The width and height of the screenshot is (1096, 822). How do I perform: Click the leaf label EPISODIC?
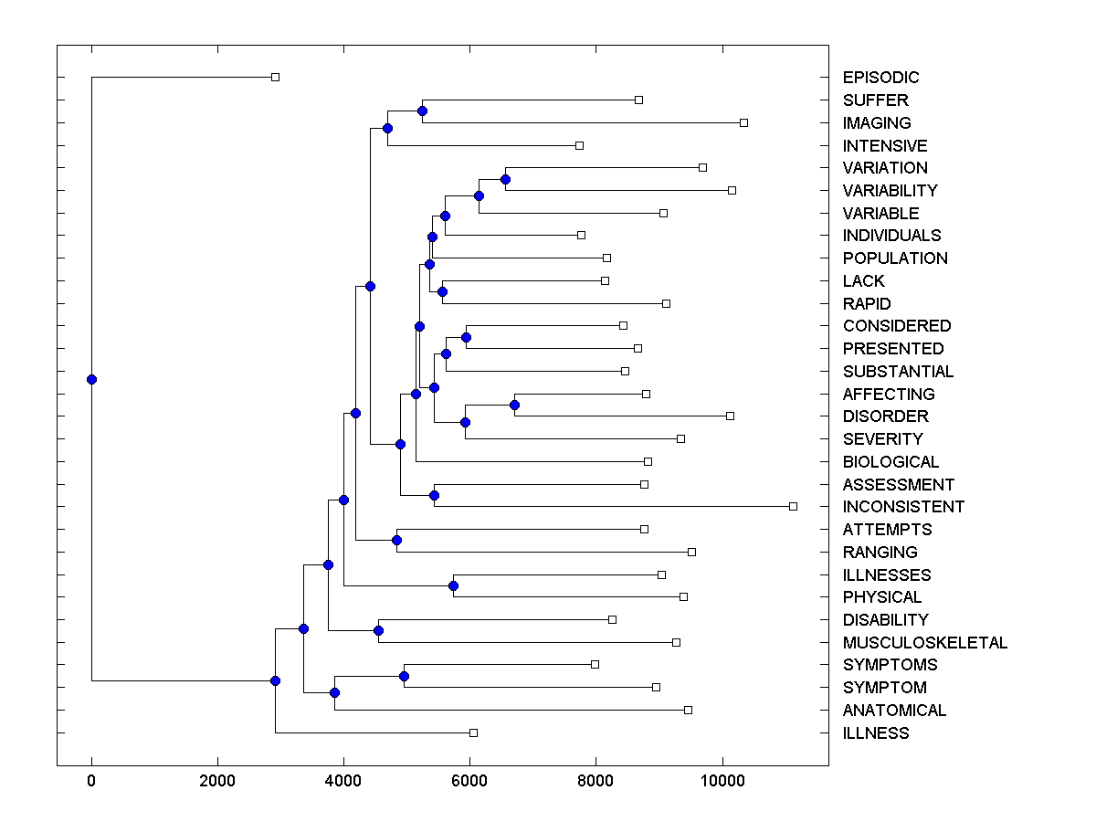(x=880, y=78)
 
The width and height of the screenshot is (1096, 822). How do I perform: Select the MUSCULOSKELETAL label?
(x=924, y=642)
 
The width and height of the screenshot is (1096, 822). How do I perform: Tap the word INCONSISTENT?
(x=903, y=507)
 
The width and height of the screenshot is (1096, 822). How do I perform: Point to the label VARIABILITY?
(x=890, y=191)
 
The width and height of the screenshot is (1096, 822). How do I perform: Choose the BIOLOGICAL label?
(x=890, y=462)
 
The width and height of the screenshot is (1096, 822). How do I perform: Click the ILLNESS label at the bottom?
(x=876, y=732)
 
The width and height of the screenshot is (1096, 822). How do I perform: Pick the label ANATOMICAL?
(x=894, y=711)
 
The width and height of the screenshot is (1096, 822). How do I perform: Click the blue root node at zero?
(x=91, y=379)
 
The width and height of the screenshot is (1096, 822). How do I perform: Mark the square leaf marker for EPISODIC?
(x=275, y=77)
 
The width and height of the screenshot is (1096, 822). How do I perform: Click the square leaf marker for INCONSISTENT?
(x=793, y=506)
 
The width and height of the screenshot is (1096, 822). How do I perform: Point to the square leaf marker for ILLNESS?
(x=473, y=732)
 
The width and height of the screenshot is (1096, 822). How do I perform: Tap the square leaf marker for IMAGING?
(x=743, y=122)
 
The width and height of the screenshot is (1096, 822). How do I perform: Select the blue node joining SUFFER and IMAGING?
(x=422, y=111)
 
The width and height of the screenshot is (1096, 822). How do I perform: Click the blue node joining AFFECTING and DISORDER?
(x=514, y=405)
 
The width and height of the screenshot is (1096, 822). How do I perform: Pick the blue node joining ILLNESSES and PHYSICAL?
(x=453, y=585)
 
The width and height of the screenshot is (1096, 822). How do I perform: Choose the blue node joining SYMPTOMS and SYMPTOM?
(x=404, y=676)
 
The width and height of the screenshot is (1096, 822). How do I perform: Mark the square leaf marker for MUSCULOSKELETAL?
(x=676, y=642)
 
